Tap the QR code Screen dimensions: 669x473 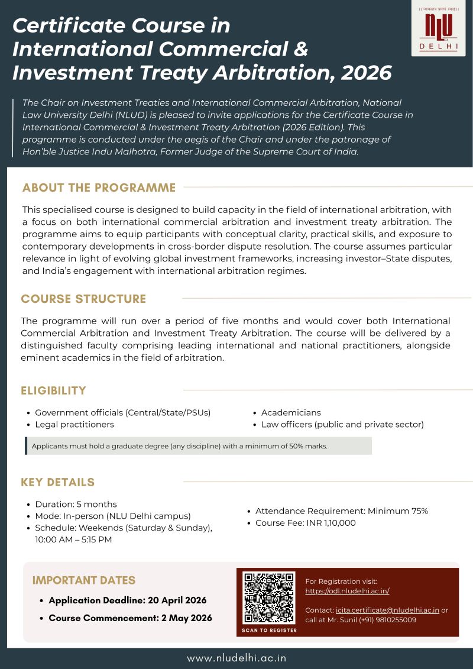[269, 597]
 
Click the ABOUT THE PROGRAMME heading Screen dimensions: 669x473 [99, 188]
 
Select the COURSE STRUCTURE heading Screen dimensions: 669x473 [83, 299]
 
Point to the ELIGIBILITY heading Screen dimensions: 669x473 [54, 390]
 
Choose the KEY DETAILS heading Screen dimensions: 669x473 [58, 482]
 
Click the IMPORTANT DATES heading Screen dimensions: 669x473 [84, 580]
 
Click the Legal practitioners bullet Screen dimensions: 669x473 [74, 424]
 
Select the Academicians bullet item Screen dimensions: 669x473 [291, 412]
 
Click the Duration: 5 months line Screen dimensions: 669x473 [76, 505]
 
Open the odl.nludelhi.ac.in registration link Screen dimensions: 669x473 [347, 591]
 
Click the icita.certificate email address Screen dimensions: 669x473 [387, 610]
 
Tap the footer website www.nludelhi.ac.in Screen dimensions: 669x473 [237, 658]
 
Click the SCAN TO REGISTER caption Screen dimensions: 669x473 [269, 631]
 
